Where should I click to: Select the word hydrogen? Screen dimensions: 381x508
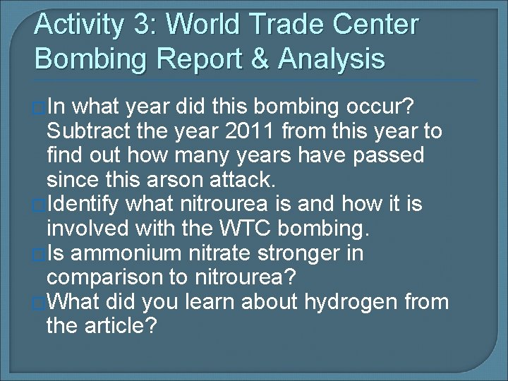[353, 302]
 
